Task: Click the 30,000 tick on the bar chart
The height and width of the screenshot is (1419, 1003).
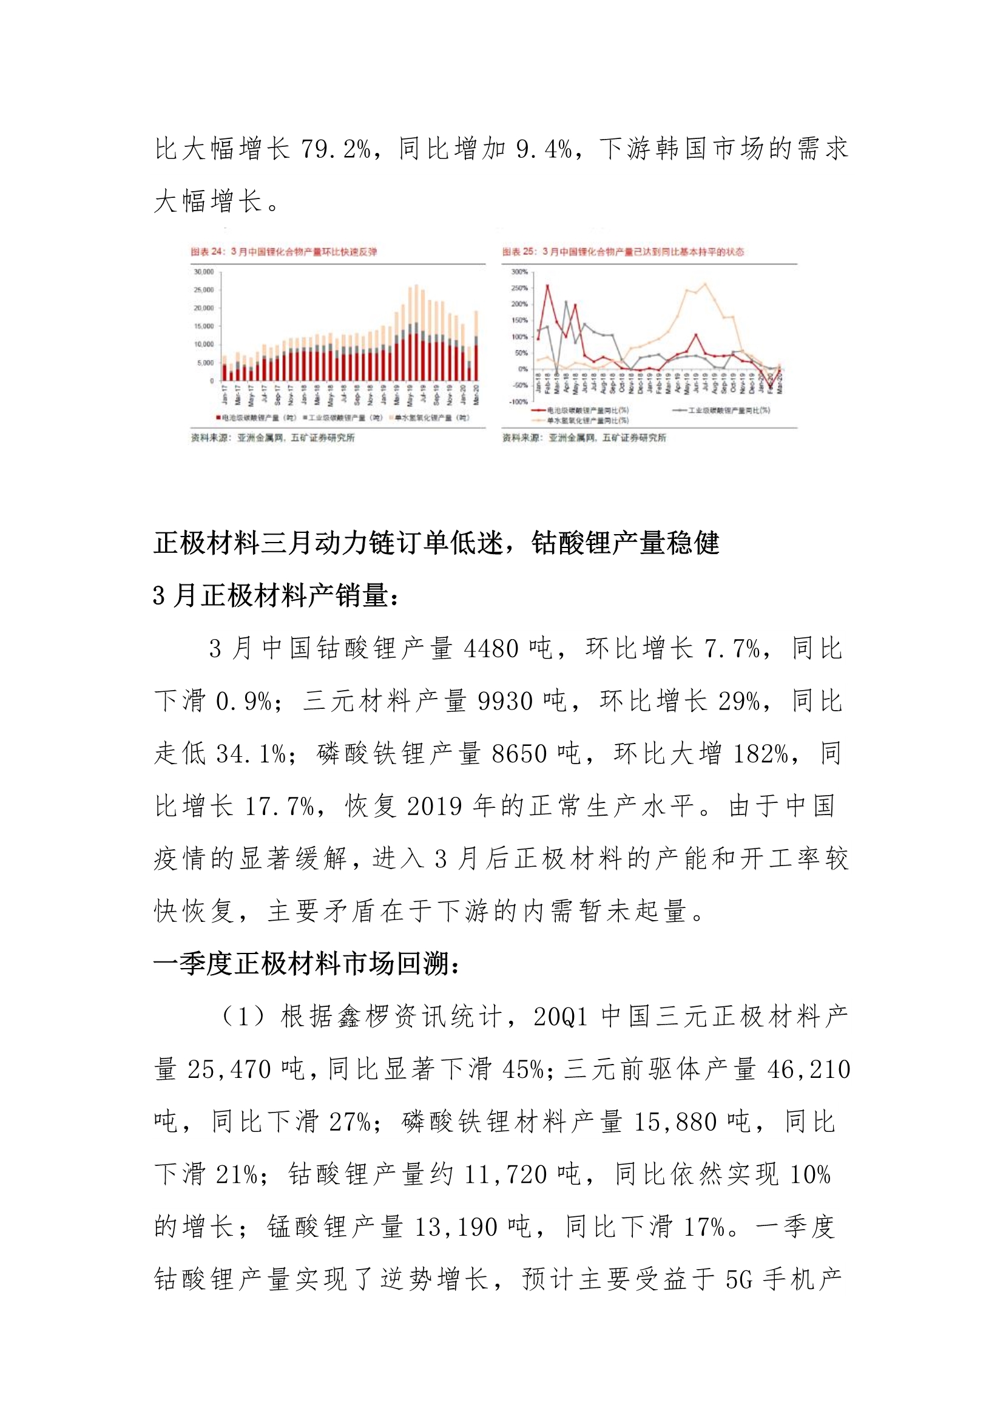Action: tap(203, 272)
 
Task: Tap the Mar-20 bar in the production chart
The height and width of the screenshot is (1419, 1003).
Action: tap(476, 346)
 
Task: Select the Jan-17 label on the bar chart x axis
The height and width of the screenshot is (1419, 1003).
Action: tap(225, 396)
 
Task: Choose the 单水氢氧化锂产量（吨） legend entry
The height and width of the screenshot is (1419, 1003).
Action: tap(430, 418)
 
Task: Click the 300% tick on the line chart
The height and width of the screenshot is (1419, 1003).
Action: tap(519, 272)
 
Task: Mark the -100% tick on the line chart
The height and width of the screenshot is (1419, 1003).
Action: tap(518, 402)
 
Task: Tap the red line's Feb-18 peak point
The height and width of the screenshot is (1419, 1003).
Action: tap(547, 285)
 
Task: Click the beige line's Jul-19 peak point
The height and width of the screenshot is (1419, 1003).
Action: tap(706, 284)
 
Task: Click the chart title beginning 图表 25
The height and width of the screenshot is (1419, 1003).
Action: tap(623, 251)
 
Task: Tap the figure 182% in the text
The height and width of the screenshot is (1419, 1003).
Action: tap(760, 754)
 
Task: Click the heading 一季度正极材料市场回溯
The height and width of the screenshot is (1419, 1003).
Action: tap(306, 964)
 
